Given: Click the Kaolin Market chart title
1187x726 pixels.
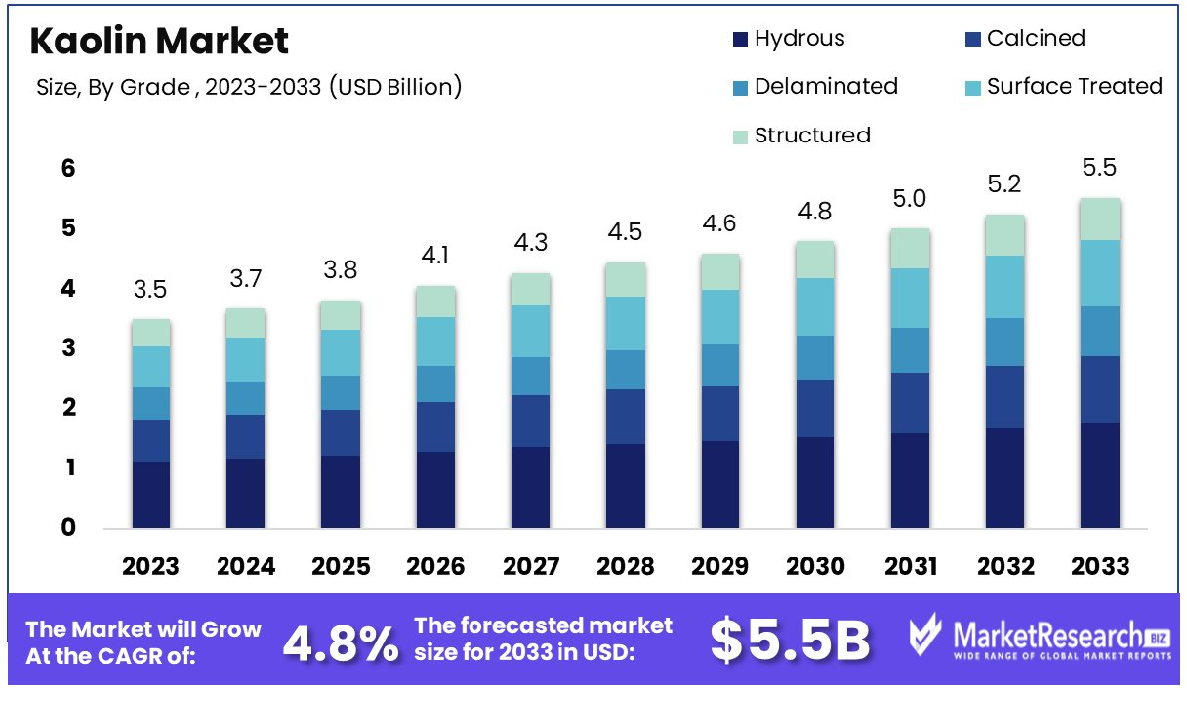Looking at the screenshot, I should tap(159, 40).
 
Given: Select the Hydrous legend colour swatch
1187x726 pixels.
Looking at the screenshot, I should tap(740, 40).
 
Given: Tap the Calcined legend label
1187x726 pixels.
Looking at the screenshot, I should tap(1036, 39).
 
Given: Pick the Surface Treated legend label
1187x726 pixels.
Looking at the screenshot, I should tap(1074, 86).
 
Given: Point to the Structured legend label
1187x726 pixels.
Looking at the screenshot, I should tap(812, 135).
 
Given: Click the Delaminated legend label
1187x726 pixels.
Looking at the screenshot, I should tap(826, 86).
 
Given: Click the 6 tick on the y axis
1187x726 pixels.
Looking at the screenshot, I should tap(68, 169).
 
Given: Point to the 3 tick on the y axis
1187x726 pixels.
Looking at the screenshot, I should tap(68, 348).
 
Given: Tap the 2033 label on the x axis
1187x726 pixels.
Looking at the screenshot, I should tap(1100, 566).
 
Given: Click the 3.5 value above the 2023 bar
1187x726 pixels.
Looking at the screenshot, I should tap(151, 290).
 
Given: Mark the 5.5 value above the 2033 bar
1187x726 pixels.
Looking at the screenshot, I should tap(1100, 168).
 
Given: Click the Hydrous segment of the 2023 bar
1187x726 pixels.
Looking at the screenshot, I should tap(151, 495).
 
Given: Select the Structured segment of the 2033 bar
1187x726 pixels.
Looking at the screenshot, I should tap(1100, 220).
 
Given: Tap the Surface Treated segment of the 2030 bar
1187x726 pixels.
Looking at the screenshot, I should tap(813, 307).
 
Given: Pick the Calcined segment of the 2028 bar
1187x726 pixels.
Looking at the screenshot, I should tap(625, 417).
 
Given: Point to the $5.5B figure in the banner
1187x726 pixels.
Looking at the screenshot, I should tap(790, 640).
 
